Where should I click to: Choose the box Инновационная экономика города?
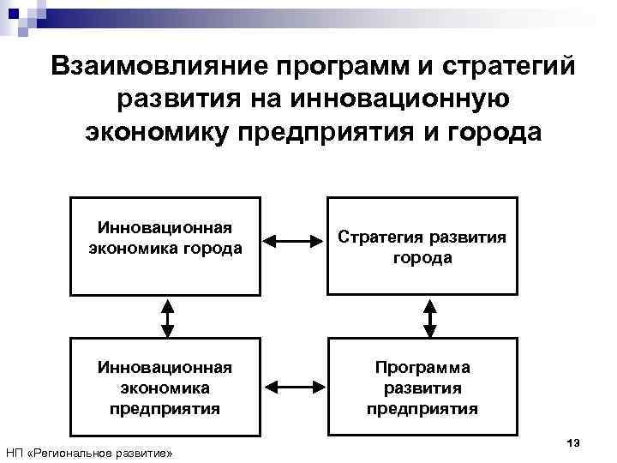point(165,245)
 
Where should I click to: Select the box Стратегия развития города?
point(422,245)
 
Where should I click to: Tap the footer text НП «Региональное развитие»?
point(89,452)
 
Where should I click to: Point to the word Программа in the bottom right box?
point(422,368)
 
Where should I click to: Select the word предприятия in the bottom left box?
point(165,408)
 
